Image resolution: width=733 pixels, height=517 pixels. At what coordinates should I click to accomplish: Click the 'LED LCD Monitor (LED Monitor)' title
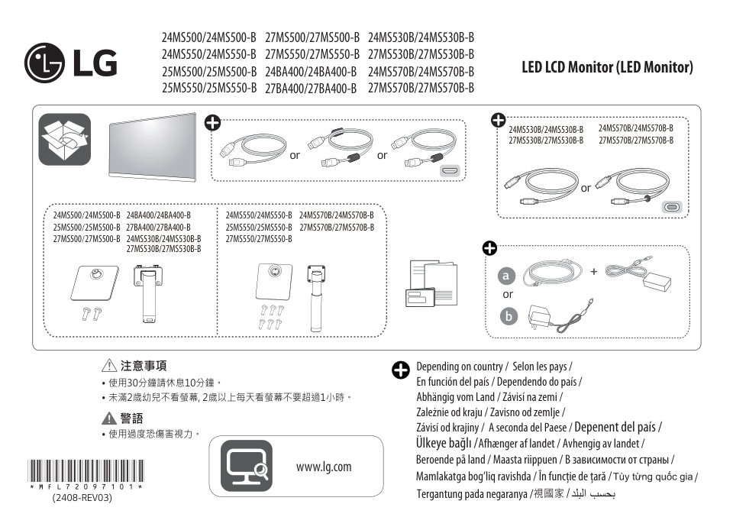point(607,67)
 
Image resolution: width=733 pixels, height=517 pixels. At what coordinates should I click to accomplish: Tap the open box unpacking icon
point(65,139)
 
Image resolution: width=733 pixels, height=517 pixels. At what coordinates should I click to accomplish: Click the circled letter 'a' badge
point(506,276)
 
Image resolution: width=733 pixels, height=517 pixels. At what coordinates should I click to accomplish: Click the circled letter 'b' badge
point(506,316)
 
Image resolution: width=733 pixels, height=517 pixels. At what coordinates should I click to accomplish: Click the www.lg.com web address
point(323,467)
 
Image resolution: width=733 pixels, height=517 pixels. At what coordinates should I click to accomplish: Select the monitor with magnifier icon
point(246,465)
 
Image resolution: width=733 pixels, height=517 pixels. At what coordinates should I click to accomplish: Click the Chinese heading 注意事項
point(144,366)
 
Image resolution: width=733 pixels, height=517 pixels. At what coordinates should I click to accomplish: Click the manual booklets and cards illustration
point(431,282)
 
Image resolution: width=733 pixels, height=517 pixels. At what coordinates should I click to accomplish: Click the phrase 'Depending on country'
point(460,367)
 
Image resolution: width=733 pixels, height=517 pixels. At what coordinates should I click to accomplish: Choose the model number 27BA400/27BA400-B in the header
point(311,88)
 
